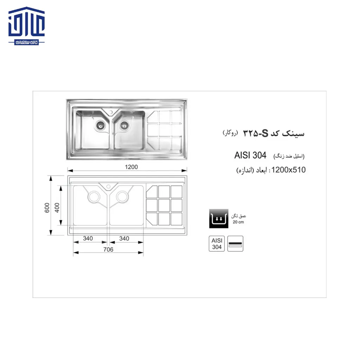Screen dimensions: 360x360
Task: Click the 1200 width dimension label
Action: coord(131,167)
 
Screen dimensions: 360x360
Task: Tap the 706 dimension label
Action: coord(108,249)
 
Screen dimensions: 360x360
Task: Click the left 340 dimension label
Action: coord(88,238)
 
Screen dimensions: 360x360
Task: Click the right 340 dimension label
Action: coord(124,238)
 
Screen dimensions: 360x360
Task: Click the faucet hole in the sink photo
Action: coord(112,112)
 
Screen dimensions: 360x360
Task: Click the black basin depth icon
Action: coord(217,218)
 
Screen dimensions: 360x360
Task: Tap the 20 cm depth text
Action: coord(238,222)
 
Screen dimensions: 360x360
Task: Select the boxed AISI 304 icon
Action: coord(217,244)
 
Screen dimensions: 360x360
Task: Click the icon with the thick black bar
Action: coord(235,244)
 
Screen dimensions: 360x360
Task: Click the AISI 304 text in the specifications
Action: coord(250,155)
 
